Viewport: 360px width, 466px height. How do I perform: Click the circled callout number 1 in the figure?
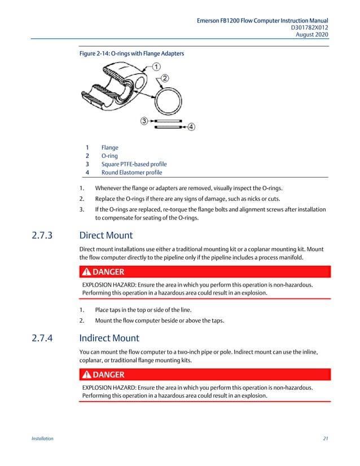[x=155, y=67]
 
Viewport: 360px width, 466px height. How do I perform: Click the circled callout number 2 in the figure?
[x=165, y=78]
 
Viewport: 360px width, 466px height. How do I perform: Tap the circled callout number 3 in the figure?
[x=144, y=121]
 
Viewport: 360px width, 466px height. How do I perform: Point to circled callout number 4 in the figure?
[x=191, y=127]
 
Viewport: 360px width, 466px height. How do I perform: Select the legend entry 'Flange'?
[x=109, y=148]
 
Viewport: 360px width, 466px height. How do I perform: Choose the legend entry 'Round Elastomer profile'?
[x=131, y=173]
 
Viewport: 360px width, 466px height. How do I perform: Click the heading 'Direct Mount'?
[x=106, y=235]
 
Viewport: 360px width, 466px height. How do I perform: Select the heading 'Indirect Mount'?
[x=109, y=339]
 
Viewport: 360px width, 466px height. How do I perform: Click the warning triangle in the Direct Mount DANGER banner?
[x=86, y=272]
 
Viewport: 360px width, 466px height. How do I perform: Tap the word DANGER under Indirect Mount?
[x=108, y=375]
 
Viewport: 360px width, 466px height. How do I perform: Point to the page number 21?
[x=326, y=438]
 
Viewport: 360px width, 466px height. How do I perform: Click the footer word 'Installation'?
[x=42, y=438]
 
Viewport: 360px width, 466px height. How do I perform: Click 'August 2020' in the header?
[x=312, y=34]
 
